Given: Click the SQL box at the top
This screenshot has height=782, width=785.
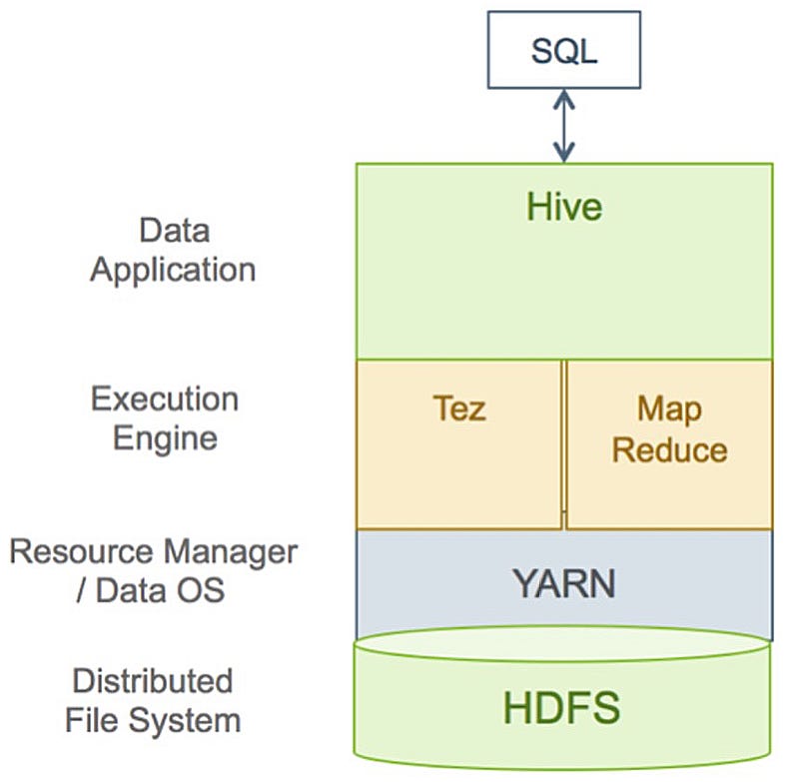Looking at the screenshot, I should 563,49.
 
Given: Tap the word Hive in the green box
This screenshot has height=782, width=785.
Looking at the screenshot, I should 564,207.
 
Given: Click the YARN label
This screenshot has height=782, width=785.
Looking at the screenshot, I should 563,584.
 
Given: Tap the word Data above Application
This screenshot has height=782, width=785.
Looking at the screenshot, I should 174,231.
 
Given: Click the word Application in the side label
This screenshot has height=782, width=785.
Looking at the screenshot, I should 173,270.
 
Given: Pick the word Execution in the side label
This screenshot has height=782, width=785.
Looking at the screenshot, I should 165,398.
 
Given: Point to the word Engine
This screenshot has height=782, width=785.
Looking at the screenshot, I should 165,437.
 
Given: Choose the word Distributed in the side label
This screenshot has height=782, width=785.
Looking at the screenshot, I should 152,681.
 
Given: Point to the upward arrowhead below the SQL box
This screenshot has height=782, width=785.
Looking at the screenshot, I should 564,99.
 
